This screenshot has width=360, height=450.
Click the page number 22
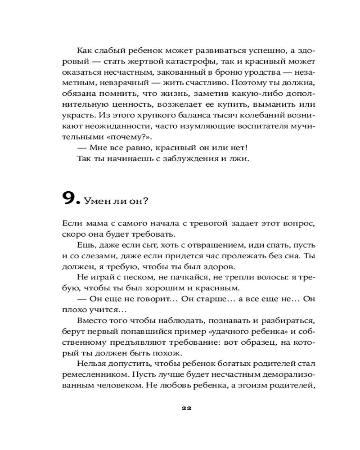[186, 409]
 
